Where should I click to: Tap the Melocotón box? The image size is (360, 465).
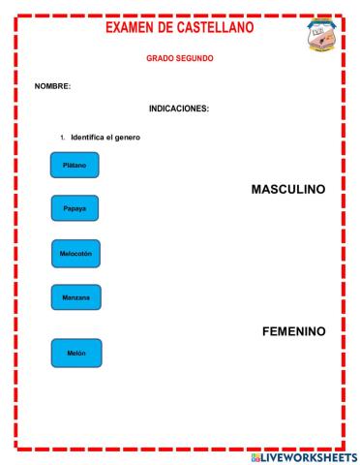point(75,254)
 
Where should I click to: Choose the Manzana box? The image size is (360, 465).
point(75,297)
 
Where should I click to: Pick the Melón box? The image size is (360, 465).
point(75,353)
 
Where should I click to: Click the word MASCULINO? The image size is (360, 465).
point(287,190)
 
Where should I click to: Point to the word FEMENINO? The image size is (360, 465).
point(293,330)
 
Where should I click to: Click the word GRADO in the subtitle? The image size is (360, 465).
point(160,58)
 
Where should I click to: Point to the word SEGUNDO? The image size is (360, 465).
point(195,58)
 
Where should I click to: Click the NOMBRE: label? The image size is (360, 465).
point(52,86)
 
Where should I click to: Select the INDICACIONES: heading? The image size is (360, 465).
point(179,108)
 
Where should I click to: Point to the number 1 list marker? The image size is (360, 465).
point(62,138)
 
